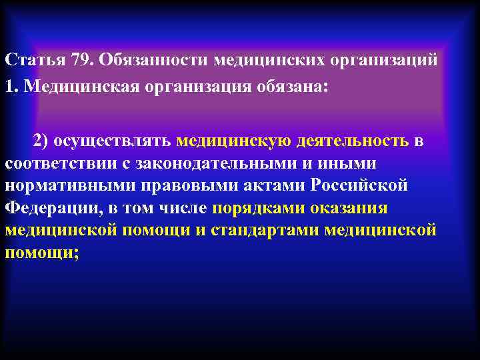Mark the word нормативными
point(61,186)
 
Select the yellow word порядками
point(259,208)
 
